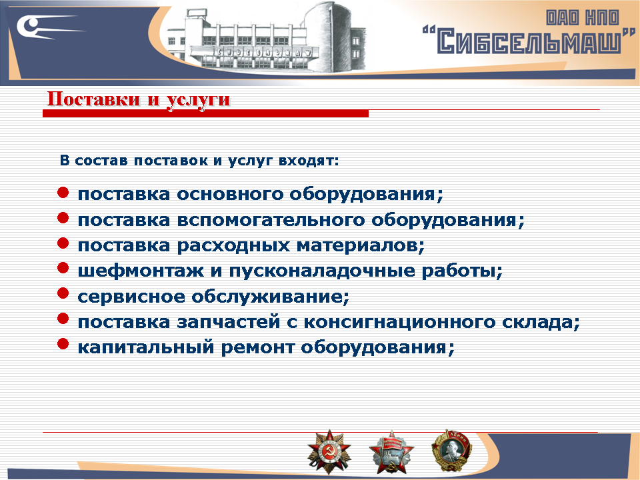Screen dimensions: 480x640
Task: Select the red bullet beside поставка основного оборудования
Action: [63, 193]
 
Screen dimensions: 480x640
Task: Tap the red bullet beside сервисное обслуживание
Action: [63, 293]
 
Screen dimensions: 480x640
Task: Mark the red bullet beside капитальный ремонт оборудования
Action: [63, 344]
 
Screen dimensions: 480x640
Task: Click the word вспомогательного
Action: [271, 220]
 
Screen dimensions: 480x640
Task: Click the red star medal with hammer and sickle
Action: [325, 451]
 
